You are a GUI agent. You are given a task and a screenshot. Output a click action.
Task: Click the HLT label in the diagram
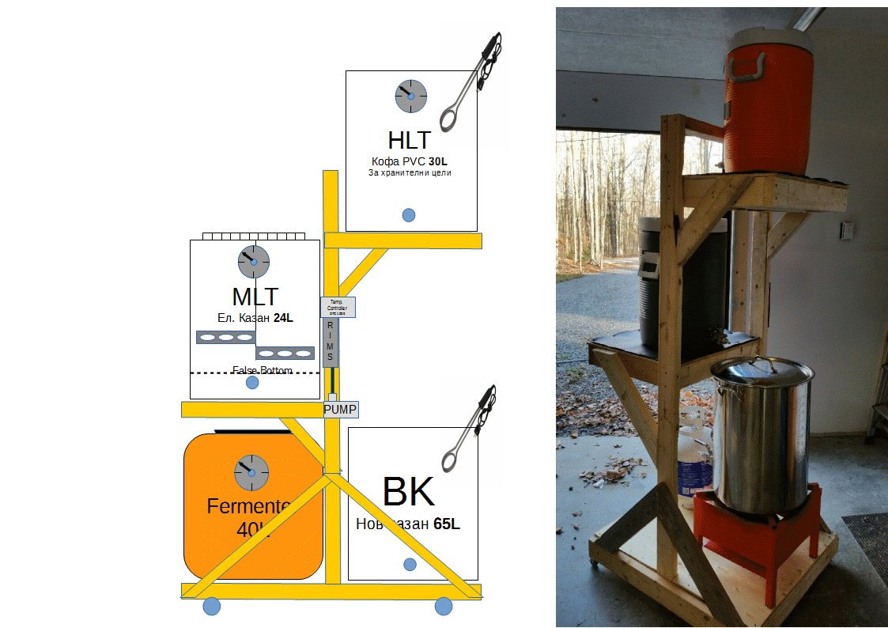pos(410,140)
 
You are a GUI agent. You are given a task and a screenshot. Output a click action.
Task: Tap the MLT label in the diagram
pos(255,297)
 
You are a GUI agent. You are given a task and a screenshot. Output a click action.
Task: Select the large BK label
pos(408,492)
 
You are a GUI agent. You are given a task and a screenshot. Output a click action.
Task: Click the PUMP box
pos(340,410)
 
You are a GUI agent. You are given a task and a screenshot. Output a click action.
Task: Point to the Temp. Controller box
pos(337,307)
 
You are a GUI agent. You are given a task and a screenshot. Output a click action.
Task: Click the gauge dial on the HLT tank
pos(410,96)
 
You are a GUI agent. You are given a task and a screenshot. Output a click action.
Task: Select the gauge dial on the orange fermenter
pos(251,472)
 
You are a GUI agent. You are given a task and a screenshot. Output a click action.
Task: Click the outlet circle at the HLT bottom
pos(409,215)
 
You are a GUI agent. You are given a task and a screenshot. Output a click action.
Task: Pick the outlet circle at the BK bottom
pos(410,564)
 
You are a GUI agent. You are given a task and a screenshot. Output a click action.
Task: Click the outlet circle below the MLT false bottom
pos(252,383)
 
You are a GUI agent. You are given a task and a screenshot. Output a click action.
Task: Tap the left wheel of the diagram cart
pos(211,607)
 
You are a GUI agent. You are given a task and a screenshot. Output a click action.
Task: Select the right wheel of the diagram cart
pos(444,607)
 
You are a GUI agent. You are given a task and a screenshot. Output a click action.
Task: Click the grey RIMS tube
pos(331,342)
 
